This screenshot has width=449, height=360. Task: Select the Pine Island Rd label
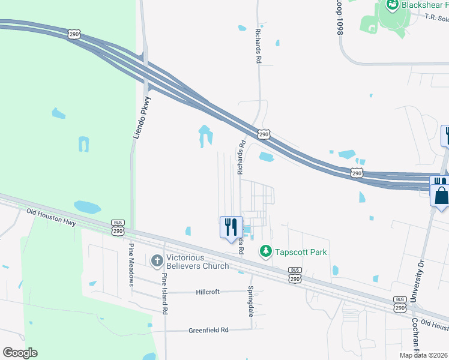[164, 293]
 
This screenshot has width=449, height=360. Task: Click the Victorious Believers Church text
[198, 262]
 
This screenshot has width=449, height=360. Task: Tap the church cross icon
[157, 261]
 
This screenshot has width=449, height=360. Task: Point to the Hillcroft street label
[208, 292]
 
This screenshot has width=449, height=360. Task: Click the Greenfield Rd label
[209, 330]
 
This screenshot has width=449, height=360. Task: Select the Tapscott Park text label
[301, 252]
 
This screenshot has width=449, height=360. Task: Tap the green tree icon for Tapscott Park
[265, 251]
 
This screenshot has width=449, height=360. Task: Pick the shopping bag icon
[441, 196]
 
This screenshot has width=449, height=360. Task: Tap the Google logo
[20, 353]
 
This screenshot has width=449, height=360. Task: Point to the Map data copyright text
[424, 355]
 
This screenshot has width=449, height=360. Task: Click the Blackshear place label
[425, 5]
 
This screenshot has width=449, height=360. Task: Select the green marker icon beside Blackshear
[393, 5]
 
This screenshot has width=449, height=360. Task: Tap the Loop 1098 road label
[339, 17]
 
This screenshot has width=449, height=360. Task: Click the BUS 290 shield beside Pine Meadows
[118, 227]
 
